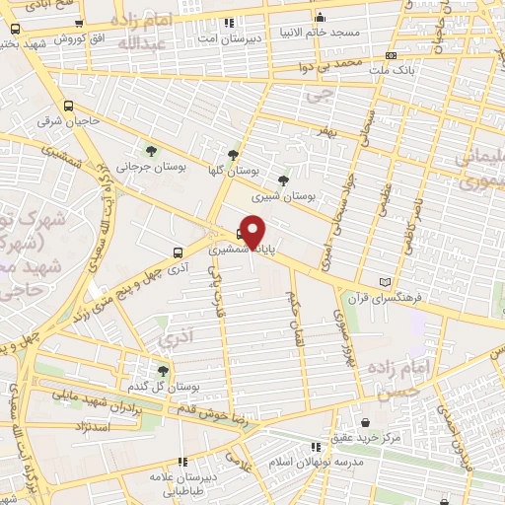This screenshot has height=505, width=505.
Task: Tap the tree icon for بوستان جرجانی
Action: point(151,151)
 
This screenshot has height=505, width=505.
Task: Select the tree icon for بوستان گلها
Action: point(233,155)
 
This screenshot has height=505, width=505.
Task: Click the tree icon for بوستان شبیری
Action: point(284,180)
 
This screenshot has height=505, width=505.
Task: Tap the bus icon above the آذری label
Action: point(177,251)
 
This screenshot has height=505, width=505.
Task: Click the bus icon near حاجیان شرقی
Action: point(68,106)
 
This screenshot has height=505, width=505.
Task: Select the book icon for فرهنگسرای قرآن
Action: point(398,282)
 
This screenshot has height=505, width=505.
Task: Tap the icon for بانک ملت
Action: point(392,56)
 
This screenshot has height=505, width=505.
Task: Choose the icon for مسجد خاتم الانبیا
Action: point(319,17)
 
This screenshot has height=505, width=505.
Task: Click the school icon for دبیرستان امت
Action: point(230,21)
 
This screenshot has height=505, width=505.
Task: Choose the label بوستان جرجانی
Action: point(149,168)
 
